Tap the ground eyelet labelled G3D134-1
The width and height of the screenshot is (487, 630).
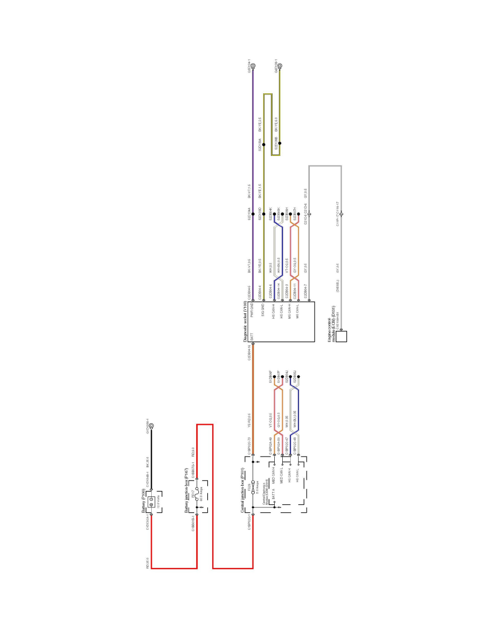[x=253, y=66]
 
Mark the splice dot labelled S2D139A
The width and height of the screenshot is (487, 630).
[x=264, y=144]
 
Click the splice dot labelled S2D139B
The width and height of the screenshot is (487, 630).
[x=280, y=143]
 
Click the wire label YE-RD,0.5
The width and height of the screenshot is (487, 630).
[x=249, y=421]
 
